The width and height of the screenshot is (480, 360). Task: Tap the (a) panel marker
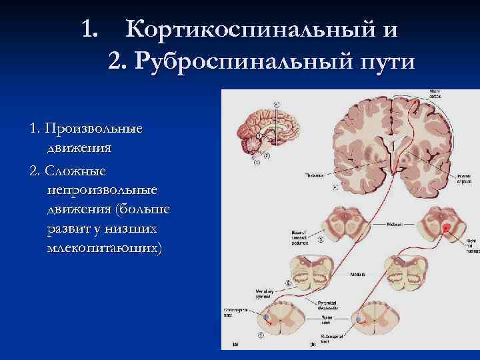[x=235, y=345]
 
